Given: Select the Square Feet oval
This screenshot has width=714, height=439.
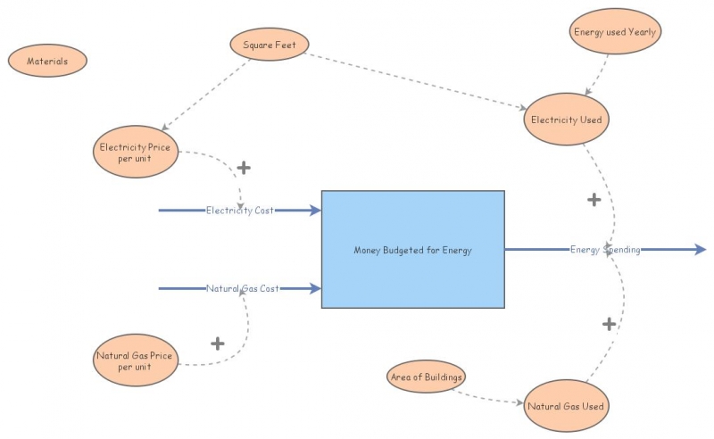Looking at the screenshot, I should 269,44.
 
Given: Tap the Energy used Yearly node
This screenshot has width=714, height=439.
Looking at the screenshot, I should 614,32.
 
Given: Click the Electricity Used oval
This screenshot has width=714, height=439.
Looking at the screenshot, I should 567,120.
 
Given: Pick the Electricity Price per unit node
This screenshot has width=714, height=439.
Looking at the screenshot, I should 135,152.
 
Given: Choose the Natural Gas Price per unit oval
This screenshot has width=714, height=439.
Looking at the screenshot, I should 135,360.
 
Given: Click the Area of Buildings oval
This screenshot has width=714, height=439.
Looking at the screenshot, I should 427,377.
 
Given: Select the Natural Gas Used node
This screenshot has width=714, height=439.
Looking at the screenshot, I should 566,406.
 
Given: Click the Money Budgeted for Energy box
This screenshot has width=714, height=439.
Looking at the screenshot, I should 412,250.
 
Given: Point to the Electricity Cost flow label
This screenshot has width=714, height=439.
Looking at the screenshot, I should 239,211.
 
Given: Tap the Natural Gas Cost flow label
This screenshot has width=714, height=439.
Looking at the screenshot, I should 243,288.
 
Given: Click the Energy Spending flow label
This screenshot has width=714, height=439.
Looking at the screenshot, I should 605,250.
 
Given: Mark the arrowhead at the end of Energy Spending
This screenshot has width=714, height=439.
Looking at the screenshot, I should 700,250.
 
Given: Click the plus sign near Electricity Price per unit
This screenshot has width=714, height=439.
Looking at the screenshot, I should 243,167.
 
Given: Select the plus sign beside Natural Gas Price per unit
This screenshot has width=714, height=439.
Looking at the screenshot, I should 217,343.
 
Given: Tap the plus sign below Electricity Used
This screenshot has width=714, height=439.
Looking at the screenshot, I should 594,199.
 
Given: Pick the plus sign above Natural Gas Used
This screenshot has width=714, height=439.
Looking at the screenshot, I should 609,324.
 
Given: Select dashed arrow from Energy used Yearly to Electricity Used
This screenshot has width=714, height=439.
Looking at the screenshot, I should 598,73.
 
